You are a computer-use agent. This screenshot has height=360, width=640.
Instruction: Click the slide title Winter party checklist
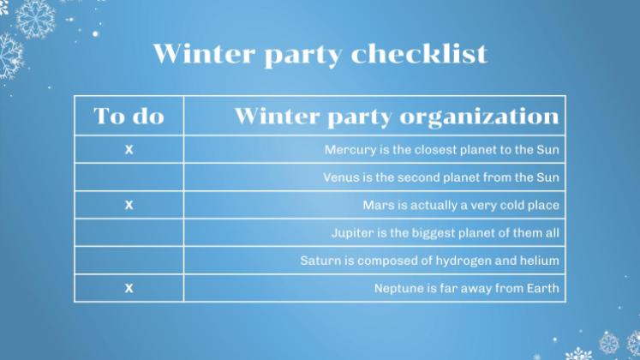[320, 53]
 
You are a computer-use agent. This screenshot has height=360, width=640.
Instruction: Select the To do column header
[129, 116]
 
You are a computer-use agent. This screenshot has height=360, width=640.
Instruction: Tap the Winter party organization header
[396, 116]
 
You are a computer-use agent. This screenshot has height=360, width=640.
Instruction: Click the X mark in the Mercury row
[129, 150]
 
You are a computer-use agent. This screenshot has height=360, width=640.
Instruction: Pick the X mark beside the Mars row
[129, 206]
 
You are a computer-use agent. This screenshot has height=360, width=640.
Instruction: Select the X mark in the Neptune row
[129, 288]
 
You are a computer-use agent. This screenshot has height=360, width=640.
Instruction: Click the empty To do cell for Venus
[129, 177]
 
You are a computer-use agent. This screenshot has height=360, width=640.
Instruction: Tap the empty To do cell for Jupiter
[129, 233]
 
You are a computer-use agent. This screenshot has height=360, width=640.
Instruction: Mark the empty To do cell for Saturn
[129, 261]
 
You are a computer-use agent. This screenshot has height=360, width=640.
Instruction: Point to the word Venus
[342, 177]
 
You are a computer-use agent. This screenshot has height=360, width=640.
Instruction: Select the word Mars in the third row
[378, 206]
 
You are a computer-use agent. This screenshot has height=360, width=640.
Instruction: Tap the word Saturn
[321, 261]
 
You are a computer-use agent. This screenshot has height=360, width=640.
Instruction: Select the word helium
[540, 261]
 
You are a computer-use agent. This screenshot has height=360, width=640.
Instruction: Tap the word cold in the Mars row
[507, 206]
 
